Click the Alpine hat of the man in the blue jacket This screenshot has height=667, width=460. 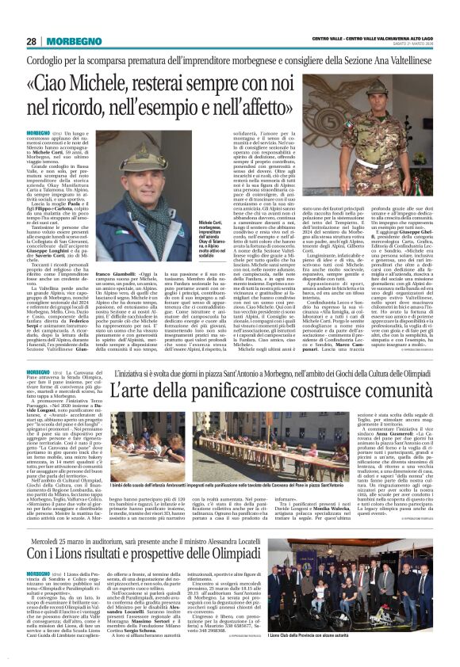(x=149, y=146)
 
